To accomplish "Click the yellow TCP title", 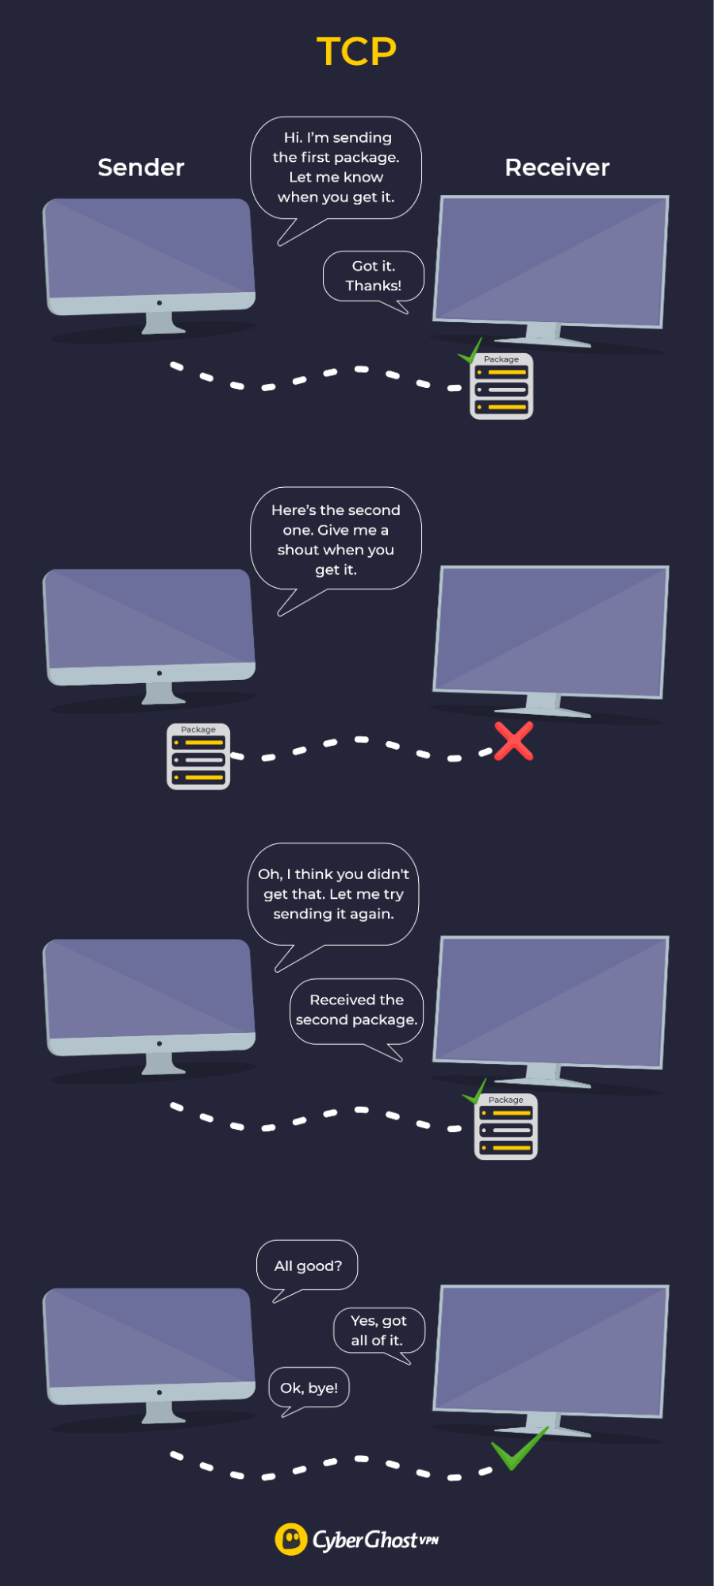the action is coord(356,52).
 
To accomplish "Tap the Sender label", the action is coord(140,167).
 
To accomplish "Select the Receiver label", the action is coord(557,167).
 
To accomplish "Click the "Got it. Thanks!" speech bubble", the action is coord(374,276).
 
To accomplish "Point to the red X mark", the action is coord(514,741).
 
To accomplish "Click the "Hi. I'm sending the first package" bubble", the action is coord(336,167).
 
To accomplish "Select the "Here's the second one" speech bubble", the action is coord(336,540).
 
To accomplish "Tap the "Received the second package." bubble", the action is coord(356,1010).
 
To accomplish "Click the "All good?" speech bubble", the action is coord(308,1265).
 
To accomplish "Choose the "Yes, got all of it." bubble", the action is coord(378,1331).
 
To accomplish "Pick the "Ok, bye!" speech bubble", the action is coord(309,1388).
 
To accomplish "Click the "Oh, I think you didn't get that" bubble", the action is coord(333,894).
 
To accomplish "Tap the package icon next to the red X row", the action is coord(198,757).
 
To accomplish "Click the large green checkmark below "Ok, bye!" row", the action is coord(519,1450).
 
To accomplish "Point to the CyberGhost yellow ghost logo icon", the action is coord(290,1539).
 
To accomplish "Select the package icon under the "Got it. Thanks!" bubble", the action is coord(501,386).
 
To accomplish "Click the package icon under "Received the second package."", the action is coord(506,1127).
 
